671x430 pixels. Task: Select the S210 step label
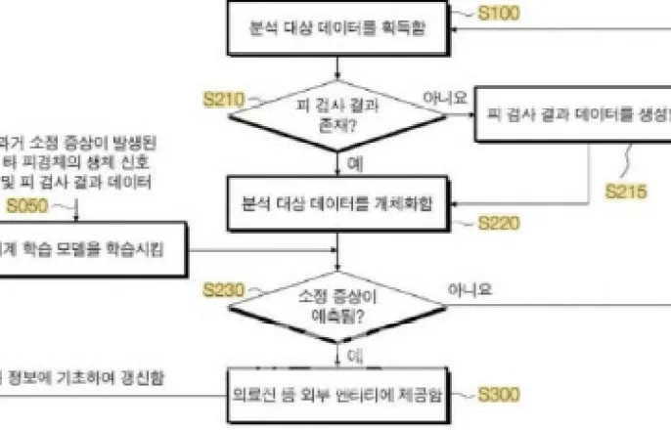click(223, 99)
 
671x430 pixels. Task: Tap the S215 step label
click(625, 192)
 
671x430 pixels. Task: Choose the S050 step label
click(25, 204)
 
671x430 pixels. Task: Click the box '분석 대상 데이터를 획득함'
click(337, 29)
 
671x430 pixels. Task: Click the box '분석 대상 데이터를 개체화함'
click(337, 205)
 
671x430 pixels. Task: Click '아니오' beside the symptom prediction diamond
click(470, 289)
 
